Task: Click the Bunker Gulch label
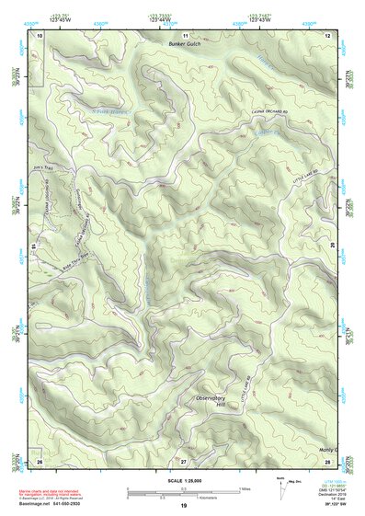185,43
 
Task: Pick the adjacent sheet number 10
40,35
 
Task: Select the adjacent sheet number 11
185,35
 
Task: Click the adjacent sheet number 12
328,35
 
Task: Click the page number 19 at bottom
184,507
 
